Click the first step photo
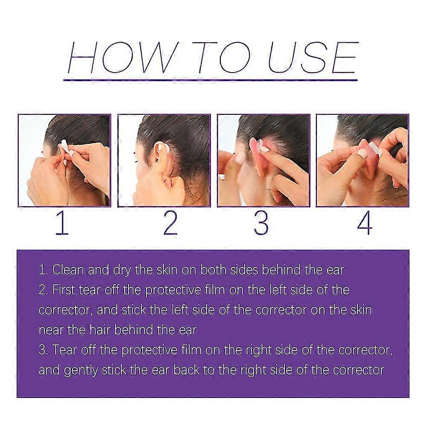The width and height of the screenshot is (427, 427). click(64, 160)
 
